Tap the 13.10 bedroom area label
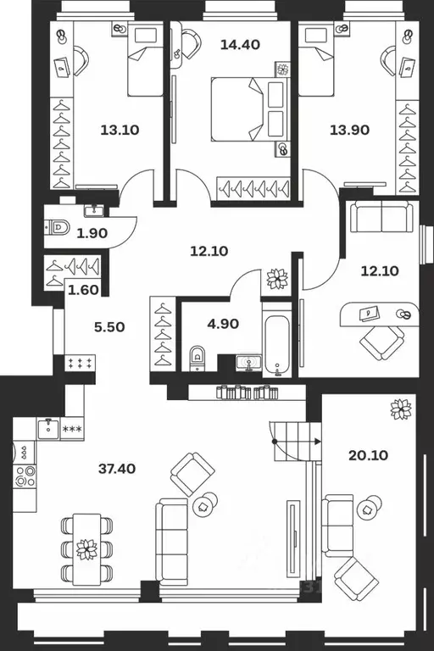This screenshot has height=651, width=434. tap(119, 130)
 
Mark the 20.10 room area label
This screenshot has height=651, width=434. tap(367, 455)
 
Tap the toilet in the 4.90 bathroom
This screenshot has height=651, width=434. tap(198, 357)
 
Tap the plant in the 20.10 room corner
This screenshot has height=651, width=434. tap(400, 409)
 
